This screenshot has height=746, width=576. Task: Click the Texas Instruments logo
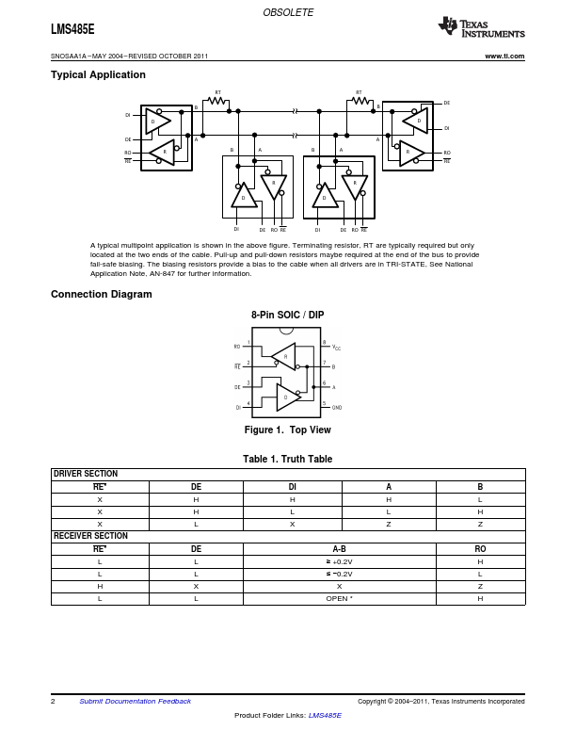click(x=481, y=27)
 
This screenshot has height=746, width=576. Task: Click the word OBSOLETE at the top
click(x=288, y=12)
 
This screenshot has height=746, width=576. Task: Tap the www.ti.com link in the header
click(x=504, y=57)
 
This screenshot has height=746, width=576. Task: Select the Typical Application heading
click(x=98, y=74)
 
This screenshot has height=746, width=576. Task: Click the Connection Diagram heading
click(x=101, y=294)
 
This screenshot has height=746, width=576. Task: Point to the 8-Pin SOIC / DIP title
click(x=287, y=315)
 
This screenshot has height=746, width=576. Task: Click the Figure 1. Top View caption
click(x=287, y=430)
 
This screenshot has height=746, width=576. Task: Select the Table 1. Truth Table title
click(x=287, y=459)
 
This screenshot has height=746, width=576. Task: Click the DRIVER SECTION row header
click(x=86, y=474)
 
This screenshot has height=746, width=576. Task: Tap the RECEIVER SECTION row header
click(x=90, y=536)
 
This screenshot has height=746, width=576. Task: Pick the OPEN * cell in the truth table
click(x=339, y=598)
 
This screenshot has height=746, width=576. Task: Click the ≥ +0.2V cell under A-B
click(x=339, y=561)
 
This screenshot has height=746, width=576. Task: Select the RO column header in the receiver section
click(x=480, y=548)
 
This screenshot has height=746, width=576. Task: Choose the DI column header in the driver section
click(x=292, y=486)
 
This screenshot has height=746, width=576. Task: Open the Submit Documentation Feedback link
click(x=135, y=701)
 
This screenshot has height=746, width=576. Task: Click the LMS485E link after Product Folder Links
click(x=325, y=716)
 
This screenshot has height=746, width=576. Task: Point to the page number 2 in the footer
click(x=53, y=701)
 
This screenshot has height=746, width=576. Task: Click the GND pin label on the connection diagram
click(x=337, y=408)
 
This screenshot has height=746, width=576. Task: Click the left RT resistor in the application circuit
click(x=218, y=101)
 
